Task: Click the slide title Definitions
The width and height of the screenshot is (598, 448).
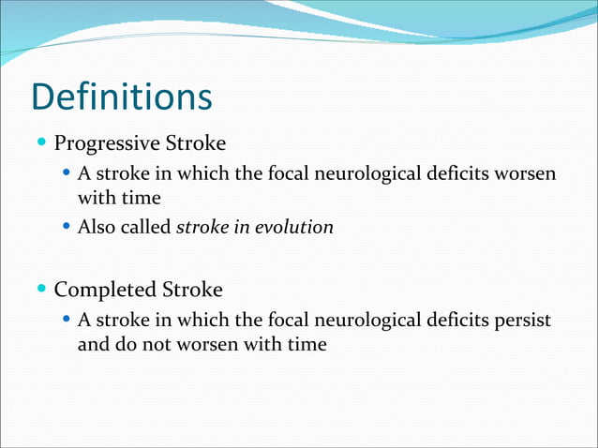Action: pos(122,97)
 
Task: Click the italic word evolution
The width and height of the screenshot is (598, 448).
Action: pos(295,227)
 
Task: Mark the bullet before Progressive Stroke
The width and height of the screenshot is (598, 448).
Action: pos(43,144)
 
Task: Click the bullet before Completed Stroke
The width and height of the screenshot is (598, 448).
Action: pos(43,289)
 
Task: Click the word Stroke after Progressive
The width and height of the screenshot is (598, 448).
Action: pos(195,144)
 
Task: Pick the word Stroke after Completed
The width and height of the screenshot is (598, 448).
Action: pos(191,289)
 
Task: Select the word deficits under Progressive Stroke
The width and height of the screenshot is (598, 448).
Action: pos(456,174)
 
